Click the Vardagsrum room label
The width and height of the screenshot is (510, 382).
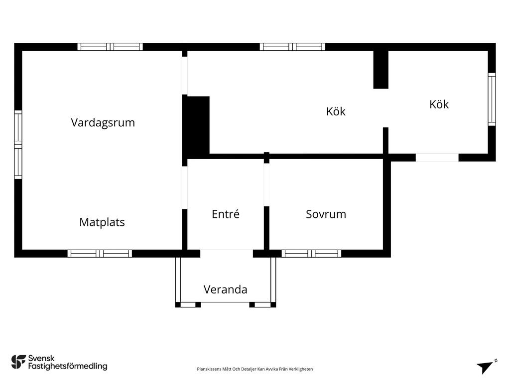tap(103, 123)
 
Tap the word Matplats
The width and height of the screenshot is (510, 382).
tap(102, 222)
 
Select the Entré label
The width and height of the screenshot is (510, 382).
tap(226, 214)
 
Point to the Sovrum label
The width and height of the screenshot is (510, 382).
tap(326, 214)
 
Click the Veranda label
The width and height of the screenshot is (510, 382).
tap(226, 289)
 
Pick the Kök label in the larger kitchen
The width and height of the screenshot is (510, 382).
tap(336, 111)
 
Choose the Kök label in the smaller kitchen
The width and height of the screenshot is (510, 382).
tap(439, 104)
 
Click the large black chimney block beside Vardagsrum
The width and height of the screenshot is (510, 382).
tap(195, 125)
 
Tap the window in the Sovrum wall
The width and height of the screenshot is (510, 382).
tap(311, 253)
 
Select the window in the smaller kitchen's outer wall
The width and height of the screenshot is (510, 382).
tap(492, 99)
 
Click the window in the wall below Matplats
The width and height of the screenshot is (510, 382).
tap(100, 253)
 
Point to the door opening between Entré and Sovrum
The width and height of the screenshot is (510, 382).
tap(266, 185)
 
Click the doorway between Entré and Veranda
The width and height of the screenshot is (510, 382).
tap(227, 253)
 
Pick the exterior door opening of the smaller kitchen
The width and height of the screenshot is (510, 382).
tap(437, 158)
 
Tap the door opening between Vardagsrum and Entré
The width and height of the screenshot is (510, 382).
tap(185, 188)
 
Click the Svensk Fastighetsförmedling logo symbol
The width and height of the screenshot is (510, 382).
tap(18, 362)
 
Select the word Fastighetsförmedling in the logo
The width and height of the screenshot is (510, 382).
tap(68, 367)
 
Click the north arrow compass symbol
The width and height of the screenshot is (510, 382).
tap(486, 367)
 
